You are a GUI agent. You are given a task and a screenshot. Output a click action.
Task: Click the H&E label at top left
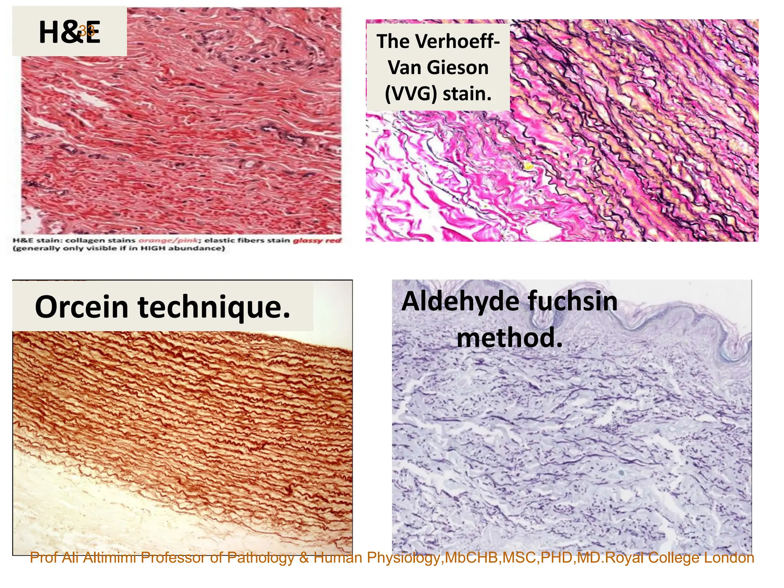(69, 32)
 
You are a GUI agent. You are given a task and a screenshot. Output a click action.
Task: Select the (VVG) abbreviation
(411, 94)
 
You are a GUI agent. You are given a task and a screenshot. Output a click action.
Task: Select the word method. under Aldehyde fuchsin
(510, 338)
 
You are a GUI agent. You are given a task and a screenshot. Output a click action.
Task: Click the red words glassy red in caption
(317, 240)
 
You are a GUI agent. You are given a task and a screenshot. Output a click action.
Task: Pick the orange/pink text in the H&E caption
(168, 240)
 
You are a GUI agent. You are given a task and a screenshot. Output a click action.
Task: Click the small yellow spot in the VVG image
(528, 166)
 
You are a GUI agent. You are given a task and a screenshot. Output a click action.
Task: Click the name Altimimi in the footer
(109, 558)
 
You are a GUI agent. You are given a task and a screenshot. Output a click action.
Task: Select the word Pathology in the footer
(260, 558)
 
